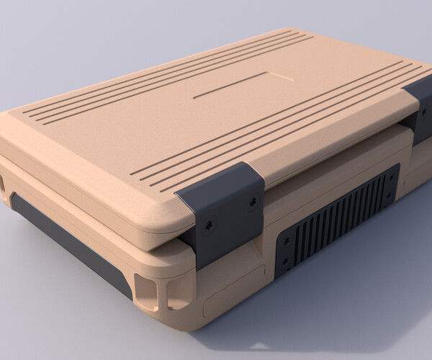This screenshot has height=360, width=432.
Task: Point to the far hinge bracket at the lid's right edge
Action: click(418, 108)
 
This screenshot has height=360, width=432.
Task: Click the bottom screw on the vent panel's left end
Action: click(287, 261)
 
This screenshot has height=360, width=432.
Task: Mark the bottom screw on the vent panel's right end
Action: click(392, 196)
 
